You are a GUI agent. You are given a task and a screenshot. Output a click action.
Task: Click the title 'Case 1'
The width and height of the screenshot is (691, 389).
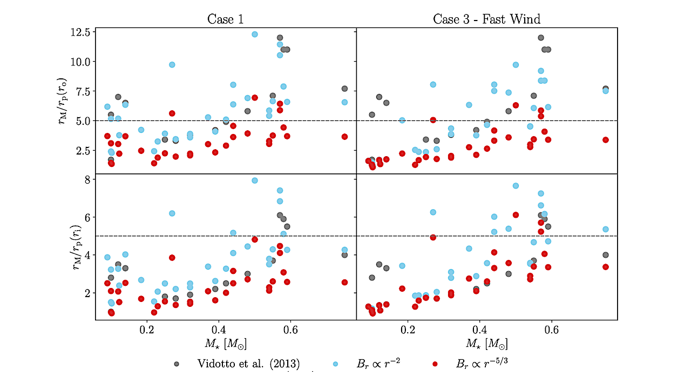click(x=225, y=19)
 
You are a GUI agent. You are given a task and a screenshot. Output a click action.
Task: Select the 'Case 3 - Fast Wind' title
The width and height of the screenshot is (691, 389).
click(x=486, y=19)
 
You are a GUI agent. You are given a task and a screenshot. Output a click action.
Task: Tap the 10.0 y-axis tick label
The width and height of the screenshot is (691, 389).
click(x=80, y=62)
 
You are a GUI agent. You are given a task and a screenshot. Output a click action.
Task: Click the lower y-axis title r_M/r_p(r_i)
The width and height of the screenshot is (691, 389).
click(x=63, y=247)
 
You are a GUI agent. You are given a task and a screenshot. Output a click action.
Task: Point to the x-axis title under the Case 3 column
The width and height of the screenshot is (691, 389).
click(x=486, y=343)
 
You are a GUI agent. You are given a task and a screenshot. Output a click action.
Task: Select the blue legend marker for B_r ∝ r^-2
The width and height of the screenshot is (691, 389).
click(x=335, y=364)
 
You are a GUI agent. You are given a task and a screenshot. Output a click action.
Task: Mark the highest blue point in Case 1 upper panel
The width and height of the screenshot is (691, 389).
click(x=255, y=34)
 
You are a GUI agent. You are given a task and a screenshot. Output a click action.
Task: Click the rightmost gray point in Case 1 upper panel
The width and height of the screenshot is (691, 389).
click(x=344, y=89)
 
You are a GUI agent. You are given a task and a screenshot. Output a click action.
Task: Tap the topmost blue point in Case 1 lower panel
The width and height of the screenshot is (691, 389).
click(x=255, y=180)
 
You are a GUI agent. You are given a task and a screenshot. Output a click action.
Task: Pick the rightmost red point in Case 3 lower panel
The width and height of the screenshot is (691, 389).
click(x=606, y=266)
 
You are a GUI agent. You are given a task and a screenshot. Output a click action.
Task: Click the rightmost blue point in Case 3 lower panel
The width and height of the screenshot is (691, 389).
click(x=606, y=229)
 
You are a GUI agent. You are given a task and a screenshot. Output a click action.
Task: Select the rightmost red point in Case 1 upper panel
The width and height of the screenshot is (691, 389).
click(x=344, y=137)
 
